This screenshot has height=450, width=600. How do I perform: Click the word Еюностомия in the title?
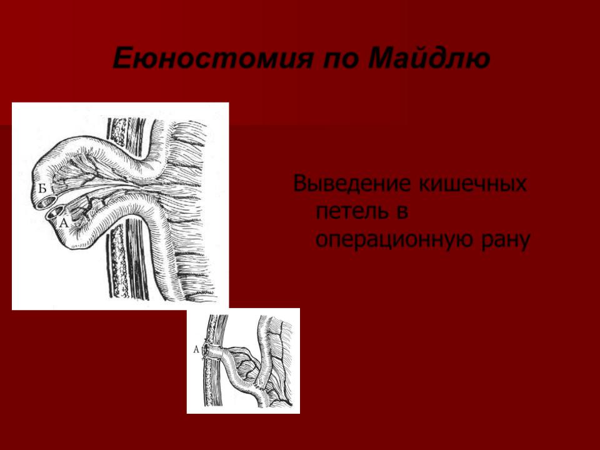(x=213, y=58)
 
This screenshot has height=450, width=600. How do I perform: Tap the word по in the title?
(x=342, y=59)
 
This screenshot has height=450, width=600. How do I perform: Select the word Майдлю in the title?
(x=429, y=58)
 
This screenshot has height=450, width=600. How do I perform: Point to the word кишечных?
(x=473, y=184)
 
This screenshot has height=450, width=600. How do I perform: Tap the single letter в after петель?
(x=402, y=212)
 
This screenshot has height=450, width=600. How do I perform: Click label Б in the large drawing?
(x=42, y=188)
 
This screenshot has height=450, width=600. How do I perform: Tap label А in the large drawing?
(x=64, y=222)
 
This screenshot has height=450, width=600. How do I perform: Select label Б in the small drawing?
(x=260, y=381)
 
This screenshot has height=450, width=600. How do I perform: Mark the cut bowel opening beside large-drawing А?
(x=56, y=212)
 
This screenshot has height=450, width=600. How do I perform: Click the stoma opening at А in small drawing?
(x=206, y=350)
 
